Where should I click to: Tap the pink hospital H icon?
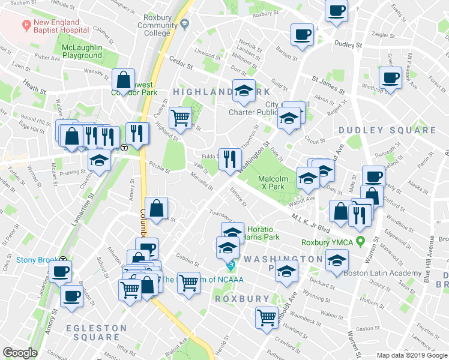pyautogui.click(x=26, y=25)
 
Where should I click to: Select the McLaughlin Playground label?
pyautogui.click(x=81, y=52)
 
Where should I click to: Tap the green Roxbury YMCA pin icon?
pyautogui.click(x=360, y=242)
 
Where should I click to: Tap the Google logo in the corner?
pyautogui.click(x=20, y=353)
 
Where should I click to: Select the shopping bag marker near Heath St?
pyautogui.click(x=122, y=80)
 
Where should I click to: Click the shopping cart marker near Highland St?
pyautogui.click(x=180, y=118)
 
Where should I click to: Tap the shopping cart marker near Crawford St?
pyautogui.click(x=267, y=317)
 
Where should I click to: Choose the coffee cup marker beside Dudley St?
pyautogui.click(x=301, y=35)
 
